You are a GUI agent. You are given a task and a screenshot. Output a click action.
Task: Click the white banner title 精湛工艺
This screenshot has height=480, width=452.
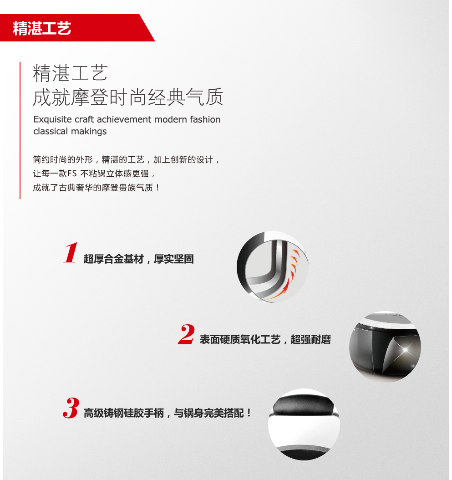[42, 28]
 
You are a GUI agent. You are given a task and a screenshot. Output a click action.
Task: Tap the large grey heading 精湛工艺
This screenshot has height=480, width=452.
[71, 73]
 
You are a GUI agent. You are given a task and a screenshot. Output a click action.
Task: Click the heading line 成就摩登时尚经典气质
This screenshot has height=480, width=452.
[128, 97]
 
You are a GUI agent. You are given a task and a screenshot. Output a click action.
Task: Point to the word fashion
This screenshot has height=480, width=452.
[205, 119]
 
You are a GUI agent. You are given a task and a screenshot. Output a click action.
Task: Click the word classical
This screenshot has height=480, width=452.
[51, 131]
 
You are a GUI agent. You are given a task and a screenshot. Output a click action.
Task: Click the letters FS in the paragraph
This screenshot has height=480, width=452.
[72, 174]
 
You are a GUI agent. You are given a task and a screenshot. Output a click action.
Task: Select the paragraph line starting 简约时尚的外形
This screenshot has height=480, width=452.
[126, 159]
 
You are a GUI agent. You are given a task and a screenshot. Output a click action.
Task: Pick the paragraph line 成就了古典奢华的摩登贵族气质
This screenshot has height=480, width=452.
[96, 188]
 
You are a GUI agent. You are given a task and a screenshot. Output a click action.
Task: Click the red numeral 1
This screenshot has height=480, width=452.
[71, 253]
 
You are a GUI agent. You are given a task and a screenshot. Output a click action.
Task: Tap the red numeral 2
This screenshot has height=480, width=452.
[186, 334]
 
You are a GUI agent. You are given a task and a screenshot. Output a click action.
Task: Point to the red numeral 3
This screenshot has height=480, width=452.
[71, 408]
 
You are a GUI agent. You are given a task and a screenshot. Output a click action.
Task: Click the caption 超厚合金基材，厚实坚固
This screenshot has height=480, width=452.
[139, 259]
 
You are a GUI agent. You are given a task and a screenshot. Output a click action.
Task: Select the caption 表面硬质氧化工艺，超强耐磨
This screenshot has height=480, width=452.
[265, 339]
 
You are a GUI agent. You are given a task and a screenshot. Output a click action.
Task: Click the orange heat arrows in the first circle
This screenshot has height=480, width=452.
[288, 276]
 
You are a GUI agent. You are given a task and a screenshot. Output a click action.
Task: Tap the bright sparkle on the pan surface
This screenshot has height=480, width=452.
[406, 349]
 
